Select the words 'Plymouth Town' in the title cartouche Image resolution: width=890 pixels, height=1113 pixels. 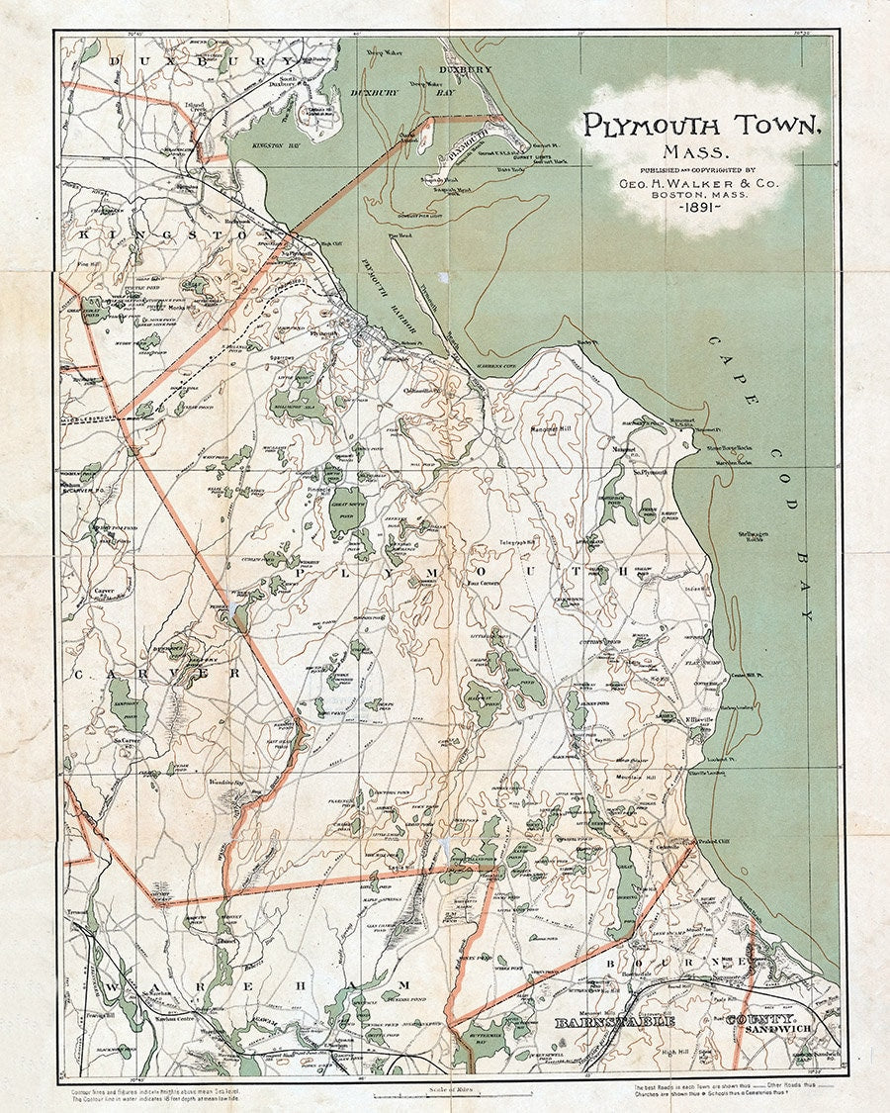700,125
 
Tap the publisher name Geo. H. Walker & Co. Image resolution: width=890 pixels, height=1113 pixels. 699,183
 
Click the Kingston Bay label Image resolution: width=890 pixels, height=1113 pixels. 254,144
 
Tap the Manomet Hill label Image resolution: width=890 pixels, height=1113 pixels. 553,429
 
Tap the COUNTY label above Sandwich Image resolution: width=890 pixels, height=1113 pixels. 762,1018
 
